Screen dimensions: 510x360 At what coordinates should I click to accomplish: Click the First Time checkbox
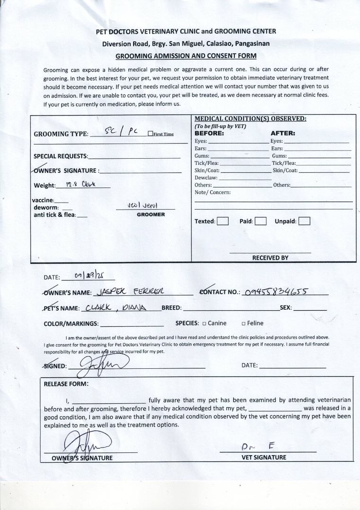click(150, 134)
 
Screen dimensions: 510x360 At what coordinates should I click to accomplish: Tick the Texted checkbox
click(223, 221)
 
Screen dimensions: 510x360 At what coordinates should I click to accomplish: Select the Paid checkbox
click(261, 221)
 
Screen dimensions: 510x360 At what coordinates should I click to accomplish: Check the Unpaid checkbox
click(304, 221)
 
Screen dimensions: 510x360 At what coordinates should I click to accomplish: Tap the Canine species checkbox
click(205, 323)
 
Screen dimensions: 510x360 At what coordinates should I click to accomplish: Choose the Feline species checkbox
click(244, 323)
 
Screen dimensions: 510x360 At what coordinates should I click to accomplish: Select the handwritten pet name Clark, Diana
click(117, 308)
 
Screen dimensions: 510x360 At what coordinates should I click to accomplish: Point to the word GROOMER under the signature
click(151, 214)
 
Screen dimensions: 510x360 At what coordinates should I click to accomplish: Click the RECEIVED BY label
click(270, 258)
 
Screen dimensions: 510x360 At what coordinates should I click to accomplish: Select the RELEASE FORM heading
click(66, 383)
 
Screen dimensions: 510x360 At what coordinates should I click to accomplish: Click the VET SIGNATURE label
click(264, 457)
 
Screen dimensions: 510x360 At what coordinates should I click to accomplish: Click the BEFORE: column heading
click(209, 134)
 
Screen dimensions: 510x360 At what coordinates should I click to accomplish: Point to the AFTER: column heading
click(283, 134)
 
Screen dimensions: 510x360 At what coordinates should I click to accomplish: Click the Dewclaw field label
click(206, 178)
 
